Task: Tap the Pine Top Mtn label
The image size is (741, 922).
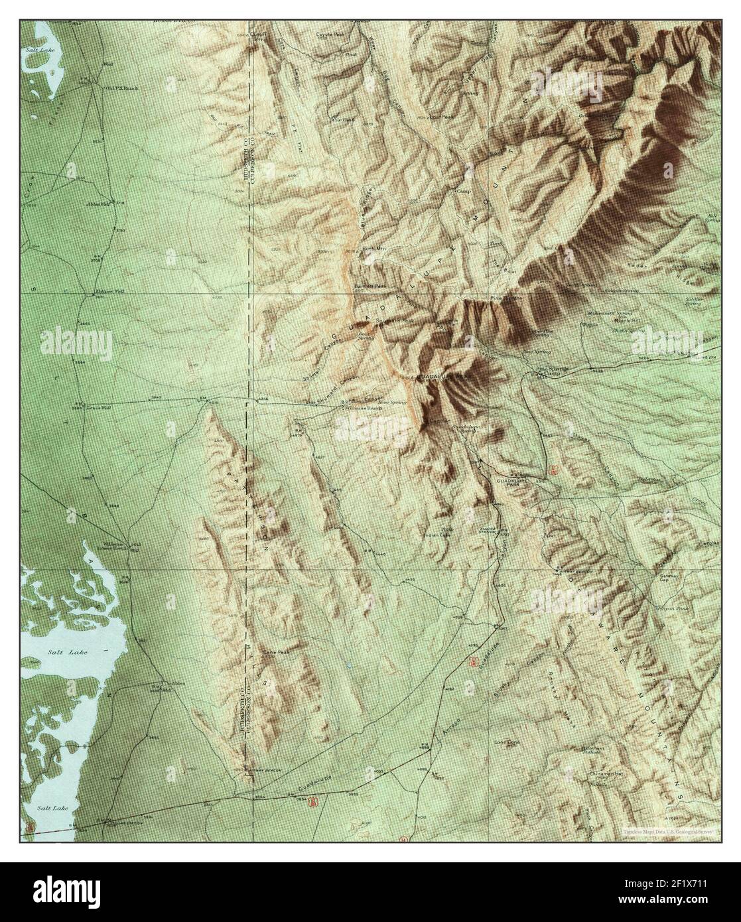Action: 505,299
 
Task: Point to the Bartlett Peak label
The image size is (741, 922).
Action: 370,286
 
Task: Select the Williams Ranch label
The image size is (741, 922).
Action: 360,409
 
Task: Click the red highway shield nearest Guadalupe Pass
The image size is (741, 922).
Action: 553,470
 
